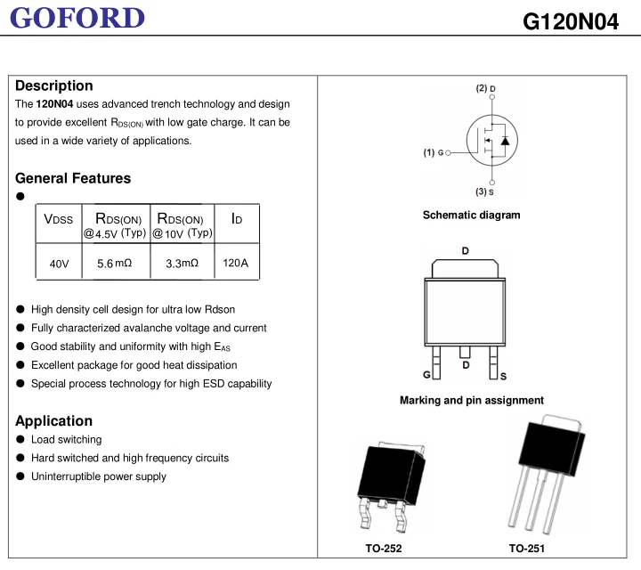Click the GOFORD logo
pyautogui.click(x=78, y=17)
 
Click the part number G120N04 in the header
pyautogui.click(x=571, y=20)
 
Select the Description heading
pyautogui.click(x=54, y=85)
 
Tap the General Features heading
pyautogui.click(x=73, y=178)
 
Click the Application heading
pyautogui.click(x=53, y=420)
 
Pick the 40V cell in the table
pyautogui.click(x=59, y=264)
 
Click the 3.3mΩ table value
pyautogui.click(x=182, y=264)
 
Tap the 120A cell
pyautogui.click(x=236, y=264)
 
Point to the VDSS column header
pyautogui.click(x=59, y=219)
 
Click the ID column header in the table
pyautogui.click(x=236, y=219)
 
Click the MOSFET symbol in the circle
pyautogui.click(x=492, y=140)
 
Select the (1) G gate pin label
pyautogui.click(x=434, y=152)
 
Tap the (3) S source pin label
pyautogui.click(x=484, y=191)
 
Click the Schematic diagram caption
pyautogui.click(x=471, y=215)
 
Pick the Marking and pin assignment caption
pyautogui.click(x=471, y=400)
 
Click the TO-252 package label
pyautogui.click(x=384, y=549)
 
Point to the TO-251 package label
pyautogui.click(x=527, y=549)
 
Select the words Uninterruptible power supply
pyautogui.click(x=98, y=476)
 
